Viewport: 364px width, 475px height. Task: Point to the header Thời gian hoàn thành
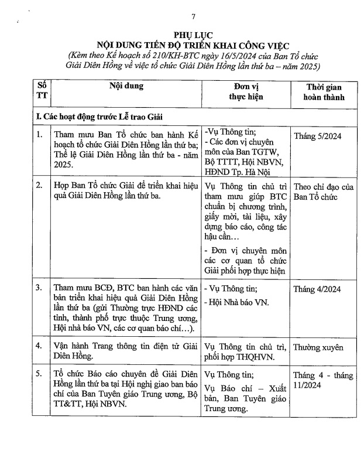click(323, 91)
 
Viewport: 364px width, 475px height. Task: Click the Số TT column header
click(42, 91)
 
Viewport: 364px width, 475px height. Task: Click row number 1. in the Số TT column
click(39, 135)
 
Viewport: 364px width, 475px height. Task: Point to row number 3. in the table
click(39, 288)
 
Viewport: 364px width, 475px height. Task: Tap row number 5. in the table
click(39, 374)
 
